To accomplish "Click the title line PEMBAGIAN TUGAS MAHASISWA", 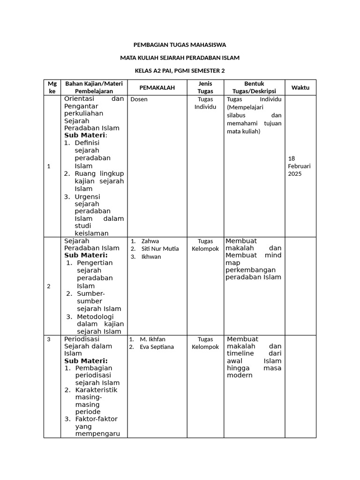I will (x=180, y=45).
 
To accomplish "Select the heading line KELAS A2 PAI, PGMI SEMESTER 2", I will (x=180, y=71).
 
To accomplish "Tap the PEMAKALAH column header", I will (x=157, y=88).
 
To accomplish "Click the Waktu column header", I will (x=300, y=88).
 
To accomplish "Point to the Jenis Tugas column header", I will (x=205, y=87).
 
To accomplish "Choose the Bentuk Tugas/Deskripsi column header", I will (x=254, y=87).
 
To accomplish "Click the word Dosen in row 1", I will (x=139, y=99).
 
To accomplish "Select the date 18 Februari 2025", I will (x=299, y=166).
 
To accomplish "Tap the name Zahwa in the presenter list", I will (x=150, y=241).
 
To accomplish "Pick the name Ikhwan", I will (x=151, y=257).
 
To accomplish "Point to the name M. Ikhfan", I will (x=152, y=339).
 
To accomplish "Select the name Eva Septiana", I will (x=157, y=347).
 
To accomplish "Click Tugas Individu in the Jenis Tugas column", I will (x=205, y=103).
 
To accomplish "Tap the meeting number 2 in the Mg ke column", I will (x=49, y=286).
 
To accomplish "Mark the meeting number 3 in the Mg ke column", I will (x=49, y=339).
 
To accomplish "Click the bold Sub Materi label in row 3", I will (x=86, y=361).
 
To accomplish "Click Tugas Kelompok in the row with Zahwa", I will (x=205, y=245).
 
